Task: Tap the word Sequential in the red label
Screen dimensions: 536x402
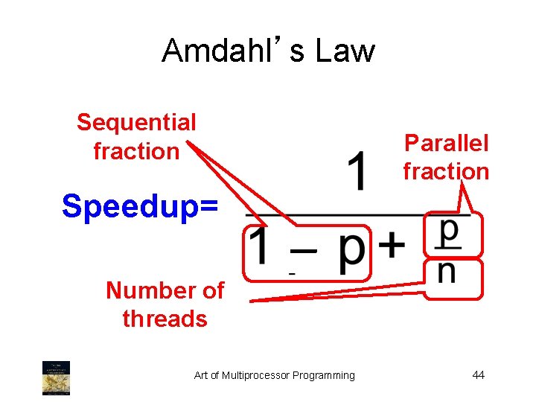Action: [x=136, y=121]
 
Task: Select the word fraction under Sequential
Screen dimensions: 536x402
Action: [x=136, y=151]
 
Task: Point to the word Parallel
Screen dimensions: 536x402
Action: [x=446, y=142]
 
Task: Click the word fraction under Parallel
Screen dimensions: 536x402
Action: [x=446, y=171]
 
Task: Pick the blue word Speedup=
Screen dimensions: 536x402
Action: [x=141, y=205]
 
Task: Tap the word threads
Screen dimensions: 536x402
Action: [x=165, y=319]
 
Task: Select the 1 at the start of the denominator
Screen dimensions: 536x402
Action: [x=259, y=251]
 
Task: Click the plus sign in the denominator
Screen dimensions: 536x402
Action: [x=392, y=246]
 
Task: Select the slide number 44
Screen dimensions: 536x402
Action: [x=478, y=374]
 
